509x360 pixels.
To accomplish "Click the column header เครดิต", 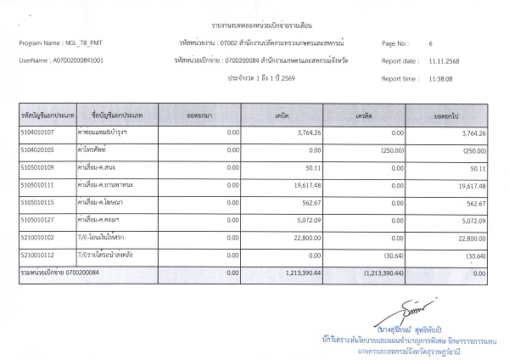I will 367,113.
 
